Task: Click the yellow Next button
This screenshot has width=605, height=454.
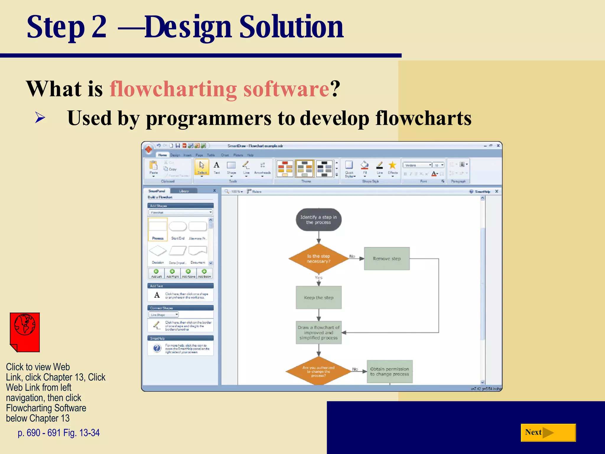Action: [x=548, y=432]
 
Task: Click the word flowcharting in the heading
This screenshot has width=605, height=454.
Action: [x=173, y=89]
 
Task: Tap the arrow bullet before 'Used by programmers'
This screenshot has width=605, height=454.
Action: [x=40, y=118]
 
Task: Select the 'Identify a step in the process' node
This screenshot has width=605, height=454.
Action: [x=318, y=220]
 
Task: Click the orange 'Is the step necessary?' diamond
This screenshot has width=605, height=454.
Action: [x=318, y=259]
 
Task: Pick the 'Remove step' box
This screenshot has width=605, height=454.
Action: [x=387, y=259]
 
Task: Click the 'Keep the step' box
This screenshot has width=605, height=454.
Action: [x=318, y=298]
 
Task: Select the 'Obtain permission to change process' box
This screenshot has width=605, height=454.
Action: [x=389, y=372]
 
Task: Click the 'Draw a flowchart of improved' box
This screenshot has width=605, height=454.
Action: [x=318, y=333]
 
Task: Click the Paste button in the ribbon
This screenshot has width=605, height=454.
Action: [x=153, y=167]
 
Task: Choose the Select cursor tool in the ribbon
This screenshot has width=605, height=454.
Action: [x=202, y=167]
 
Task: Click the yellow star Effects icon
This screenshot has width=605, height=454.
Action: [x=392, y=166]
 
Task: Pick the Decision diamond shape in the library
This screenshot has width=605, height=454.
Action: [x=158, y=251]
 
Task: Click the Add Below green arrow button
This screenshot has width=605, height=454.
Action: [x=204, y=273]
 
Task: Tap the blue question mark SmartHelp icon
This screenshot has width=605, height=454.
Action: [x=157, y=348]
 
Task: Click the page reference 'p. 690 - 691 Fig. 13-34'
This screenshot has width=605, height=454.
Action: [x=58, y=433]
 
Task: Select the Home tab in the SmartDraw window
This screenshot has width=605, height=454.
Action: [x=162, y=155]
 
